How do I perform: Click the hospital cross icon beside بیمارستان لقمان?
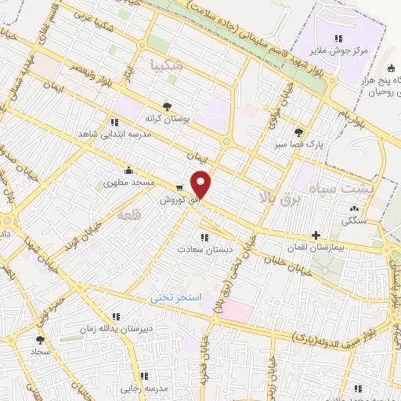316,234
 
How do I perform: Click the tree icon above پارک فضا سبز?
298,132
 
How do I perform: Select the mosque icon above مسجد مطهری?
129,170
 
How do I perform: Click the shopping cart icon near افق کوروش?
181,188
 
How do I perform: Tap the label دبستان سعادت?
208,249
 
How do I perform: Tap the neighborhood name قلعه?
130,214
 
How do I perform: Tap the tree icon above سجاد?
40,340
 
